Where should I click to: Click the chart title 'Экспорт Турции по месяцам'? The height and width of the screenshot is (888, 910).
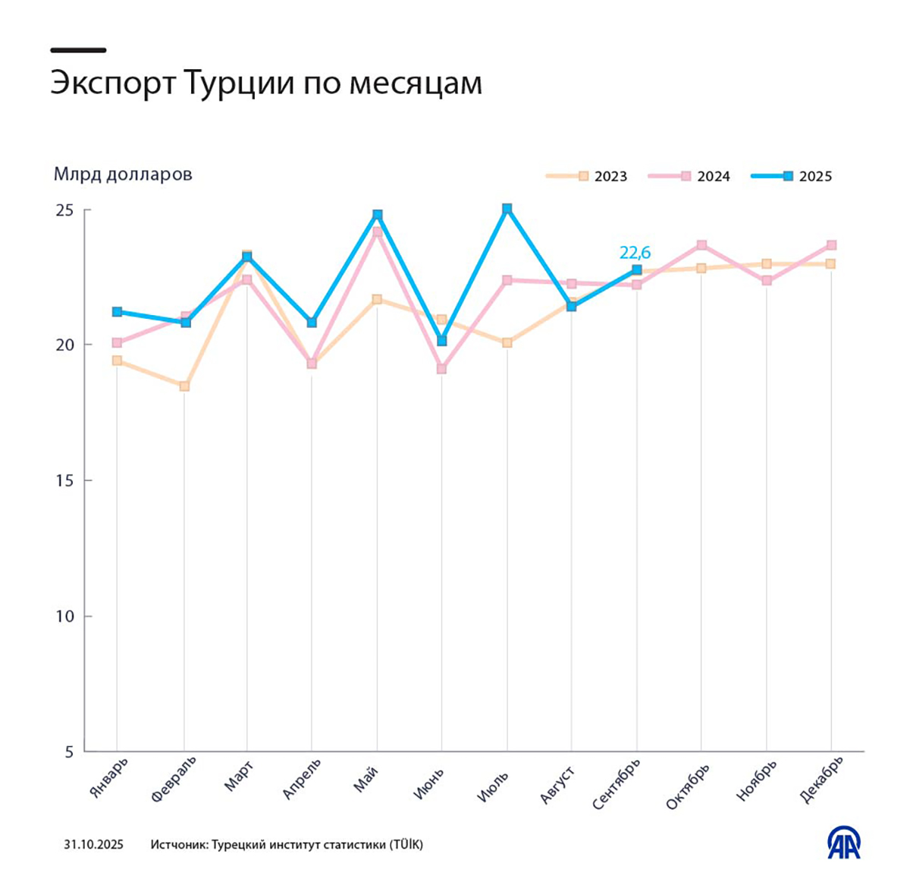coord(266,83)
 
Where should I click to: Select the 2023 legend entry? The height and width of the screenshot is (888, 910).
coord(587,176)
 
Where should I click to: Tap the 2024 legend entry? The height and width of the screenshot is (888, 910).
coord(689,176)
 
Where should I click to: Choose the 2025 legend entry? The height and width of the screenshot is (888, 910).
coord(792,176)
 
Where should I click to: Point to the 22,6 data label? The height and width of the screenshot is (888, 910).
coord(635,252)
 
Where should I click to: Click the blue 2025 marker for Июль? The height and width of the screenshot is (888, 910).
coord(507,209)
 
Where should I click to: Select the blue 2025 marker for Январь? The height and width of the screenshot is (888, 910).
coord(117,312)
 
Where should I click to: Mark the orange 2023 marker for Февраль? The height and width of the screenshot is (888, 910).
coord(184,386)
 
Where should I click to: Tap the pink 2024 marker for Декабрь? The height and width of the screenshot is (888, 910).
coord(831,245)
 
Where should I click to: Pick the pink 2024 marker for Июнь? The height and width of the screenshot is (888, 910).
coord(441,369)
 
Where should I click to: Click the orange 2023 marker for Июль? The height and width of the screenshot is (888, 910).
coord(507,343)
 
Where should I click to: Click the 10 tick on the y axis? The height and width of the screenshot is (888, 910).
coord(64,616)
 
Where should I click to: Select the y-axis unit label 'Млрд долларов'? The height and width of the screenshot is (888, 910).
coord(123,175)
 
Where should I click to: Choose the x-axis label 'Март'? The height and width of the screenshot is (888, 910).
coord(239,776)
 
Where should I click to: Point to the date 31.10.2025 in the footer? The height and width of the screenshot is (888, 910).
coord(93,845)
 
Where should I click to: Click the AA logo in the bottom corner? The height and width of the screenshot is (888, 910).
coord(843,842)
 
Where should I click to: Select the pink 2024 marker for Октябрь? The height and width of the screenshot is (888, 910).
coord(701,245)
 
